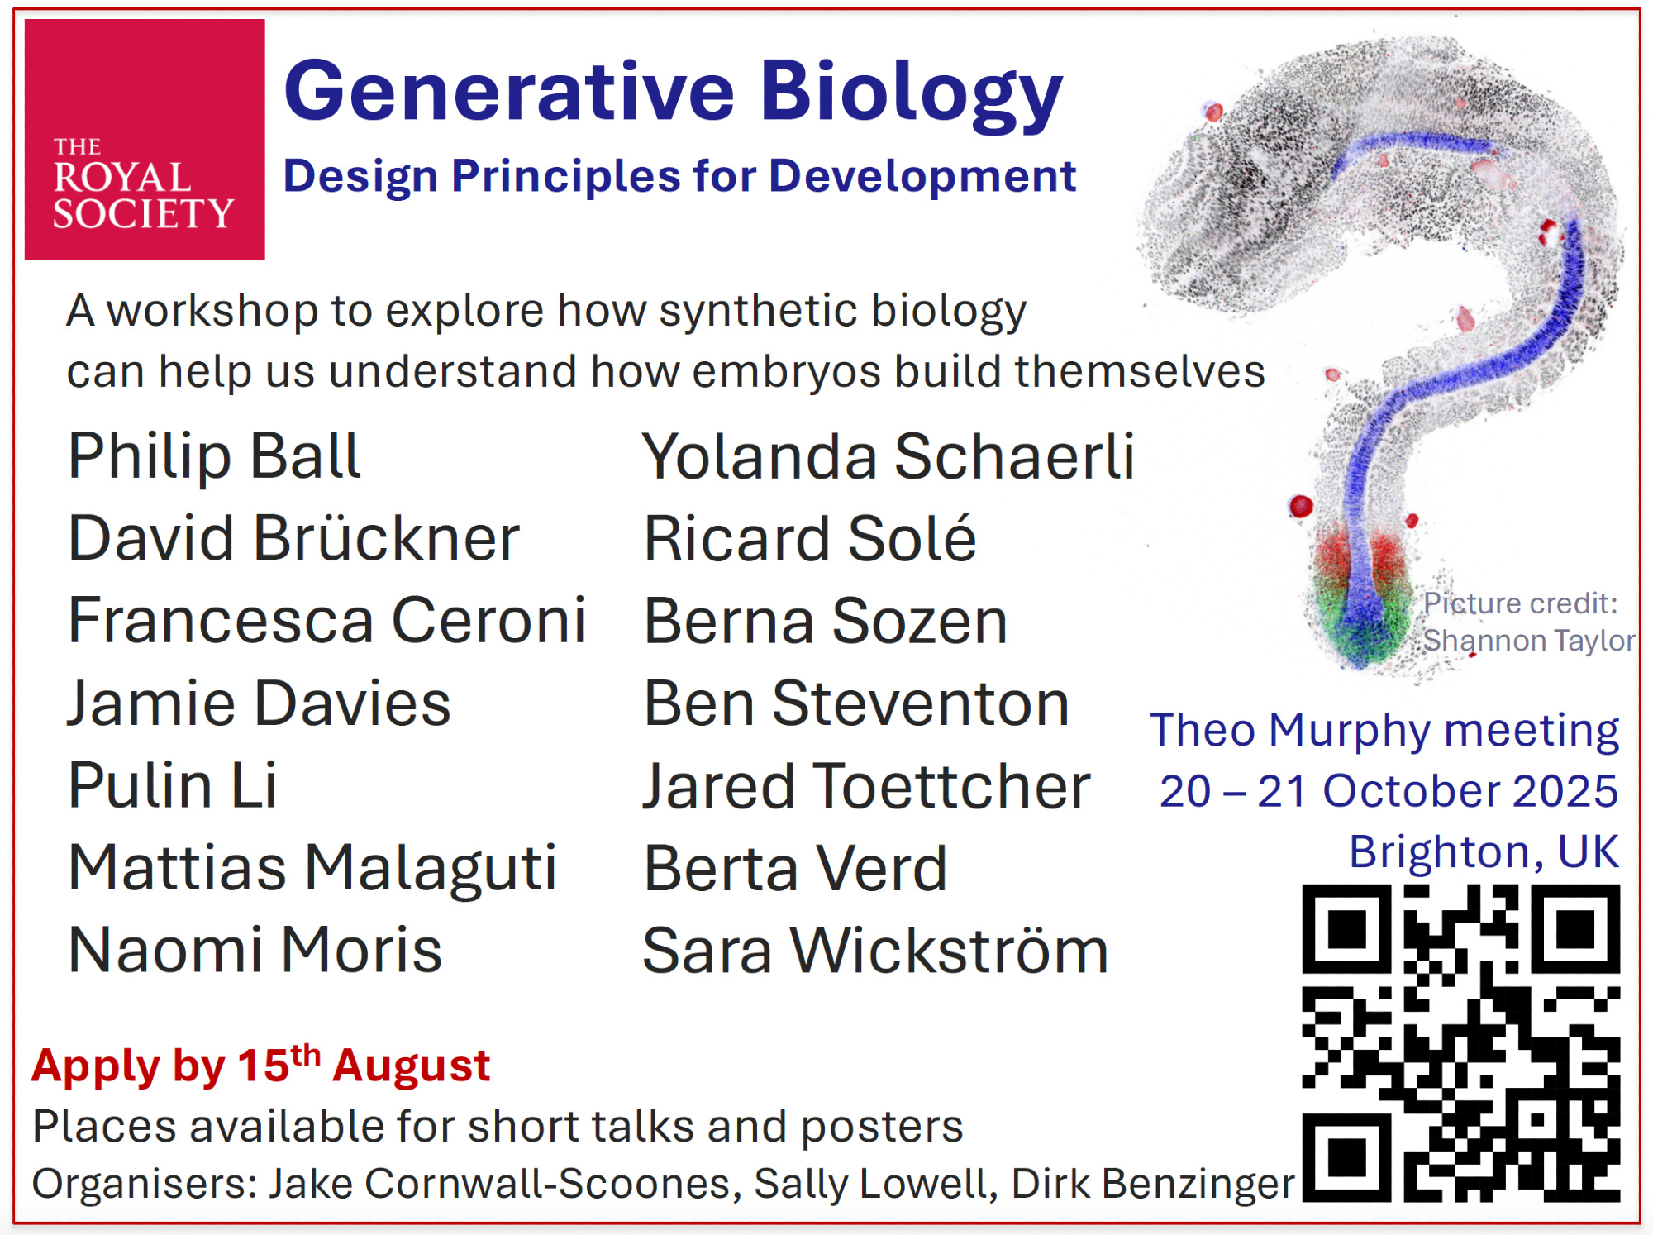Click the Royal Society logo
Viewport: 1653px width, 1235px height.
145,140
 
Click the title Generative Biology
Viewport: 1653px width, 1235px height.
673,93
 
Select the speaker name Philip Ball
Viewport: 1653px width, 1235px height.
214,455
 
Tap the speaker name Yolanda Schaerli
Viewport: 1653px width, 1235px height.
888,455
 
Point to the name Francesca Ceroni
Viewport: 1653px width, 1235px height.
327,620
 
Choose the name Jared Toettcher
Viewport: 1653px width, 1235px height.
866,785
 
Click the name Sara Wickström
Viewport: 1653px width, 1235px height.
875,950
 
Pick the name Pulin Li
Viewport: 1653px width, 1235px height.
172,784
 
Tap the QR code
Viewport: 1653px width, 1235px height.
1460,1042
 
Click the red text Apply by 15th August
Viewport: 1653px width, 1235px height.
261,1065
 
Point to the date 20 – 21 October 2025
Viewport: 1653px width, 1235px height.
1389,791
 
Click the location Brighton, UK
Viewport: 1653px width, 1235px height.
1484,851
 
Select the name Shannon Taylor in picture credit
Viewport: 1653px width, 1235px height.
1529,641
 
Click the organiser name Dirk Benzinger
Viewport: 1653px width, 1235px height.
1153,1184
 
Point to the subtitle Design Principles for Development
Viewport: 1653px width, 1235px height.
679,176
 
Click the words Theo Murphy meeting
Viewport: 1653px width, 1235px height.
1384,731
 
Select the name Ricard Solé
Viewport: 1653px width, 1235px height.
810,537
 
